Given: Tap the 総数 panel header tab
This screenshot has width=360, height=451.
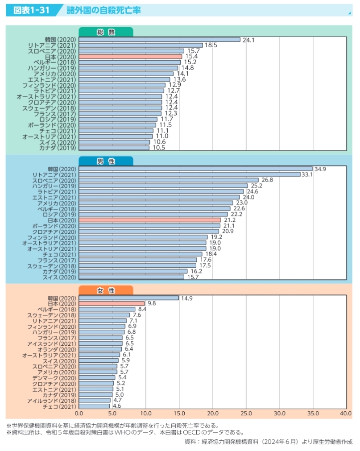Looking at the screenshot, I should [106, 32].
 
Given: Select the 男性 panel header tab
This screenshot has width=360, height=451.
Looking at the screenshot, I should [106, 161].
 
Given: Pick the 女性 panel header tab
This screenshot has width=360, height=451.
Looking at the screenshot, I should [106, 290].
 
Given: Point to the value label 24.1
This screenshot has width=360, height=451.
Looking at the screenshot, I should [248, 40].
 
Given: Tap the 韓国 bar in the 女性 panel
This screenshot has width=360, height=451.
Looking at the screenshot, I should [129, 298].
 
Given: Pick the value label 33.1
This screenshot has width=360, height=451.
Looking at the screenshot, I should [308, 174].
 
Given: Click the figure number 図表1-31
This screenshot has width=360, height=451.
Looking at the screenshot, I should [31, 10].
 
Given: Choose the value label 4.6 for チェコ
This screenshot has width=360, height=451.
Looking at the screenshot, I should [117, 406].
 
